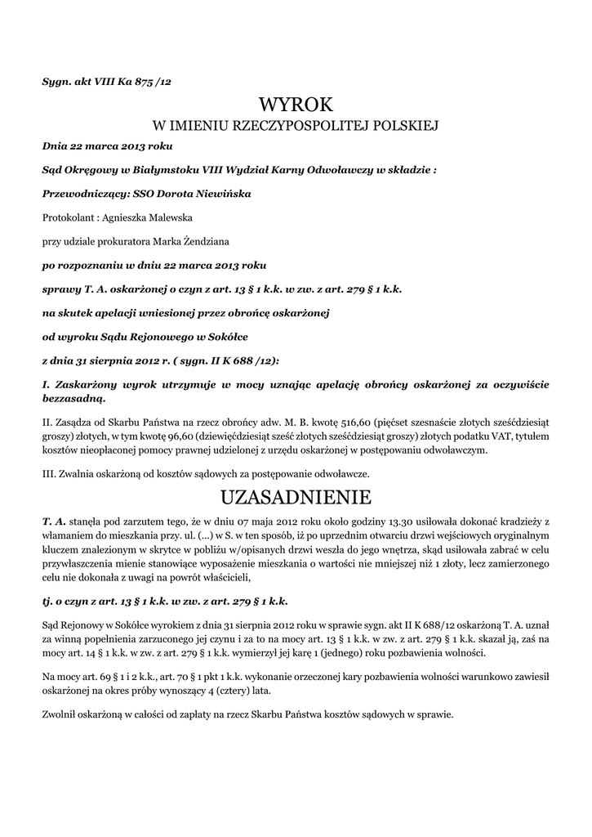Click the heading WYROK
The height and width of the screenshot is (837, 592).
click(x=296, y=105)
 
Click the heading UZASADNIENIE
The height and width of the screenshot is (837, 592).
click(x=296, y=497)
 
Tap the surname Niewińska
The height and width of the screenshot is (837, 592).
click(x=221, y=195)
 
